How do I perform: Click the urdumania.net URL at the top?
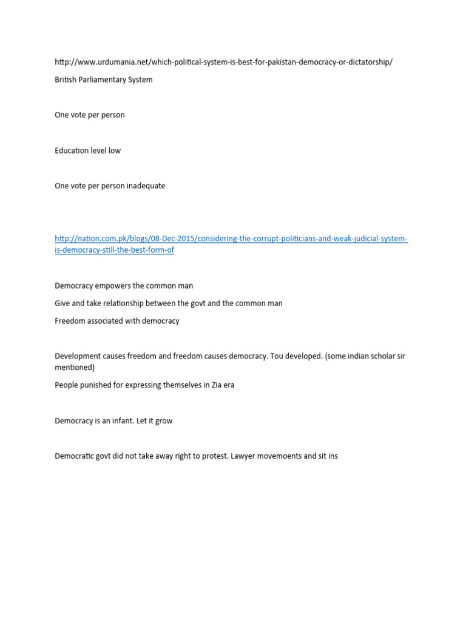click(223, 63)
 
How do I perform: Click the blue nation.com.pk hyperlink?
click(231, 239)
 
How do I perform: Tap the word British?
click(67, 80)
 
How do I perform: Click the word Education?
click(71, 151)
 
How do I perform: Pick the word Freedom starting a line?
click(70, 321)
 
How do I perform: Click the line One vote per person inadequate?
click(109, 186)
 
